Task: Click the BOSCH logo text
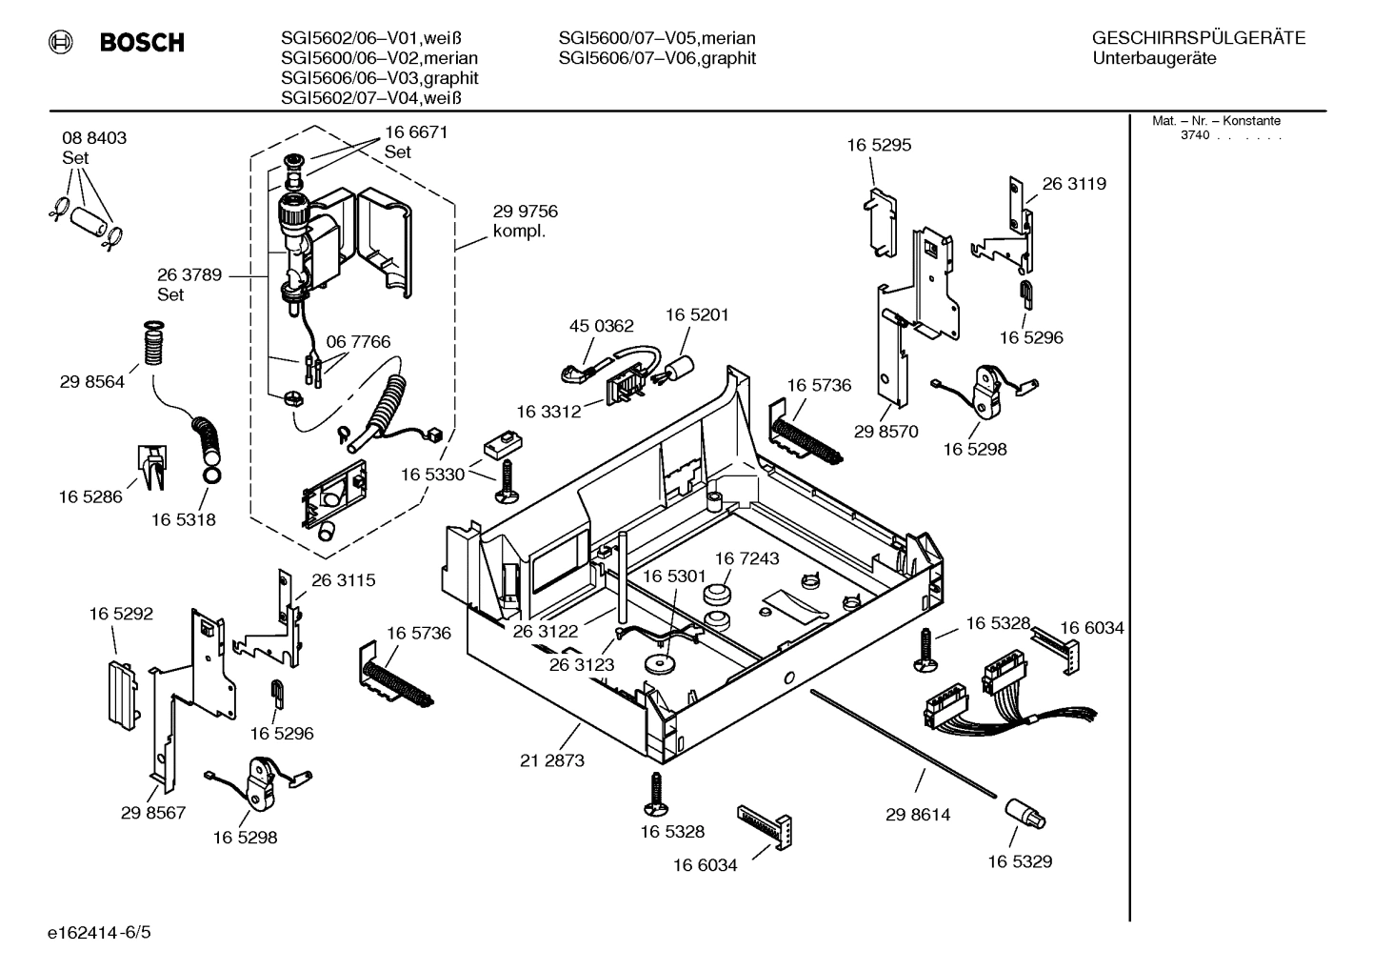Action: tap(142, 43)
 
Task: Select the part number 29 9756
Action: tap(525, 212)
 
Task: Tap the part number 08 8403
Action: tap(94, 138)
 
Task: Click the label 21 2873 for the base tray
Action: tap(552, 760)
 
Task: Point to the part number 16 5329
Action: tap(1019, 861)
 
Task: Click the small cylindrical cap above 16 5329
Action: tap(1023, 813)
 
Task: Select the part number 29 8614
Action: tap(917, 815)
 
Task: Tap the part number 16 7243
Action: tap(746, 558)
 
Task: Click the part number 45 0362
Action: tap(601, 326)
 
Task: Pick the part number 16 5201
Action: tap(697, 314)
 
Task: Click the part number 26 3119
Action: tap(1074, 184)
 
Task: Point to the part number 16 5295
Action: tap(879, 145)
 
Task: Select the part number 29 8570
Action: tap(885, 432)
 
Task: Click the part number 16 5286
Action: tap(90, 496)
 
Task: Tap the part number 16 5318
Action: tap(183, 519)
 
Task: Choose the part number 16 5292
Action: tap(121, 615)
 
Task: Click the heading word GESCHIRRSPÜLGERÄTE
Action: tap(1198, 39)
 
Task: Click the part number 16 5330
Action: tap(432, 475)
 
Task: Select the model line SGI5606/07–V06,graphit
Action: tap(657, 58)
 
